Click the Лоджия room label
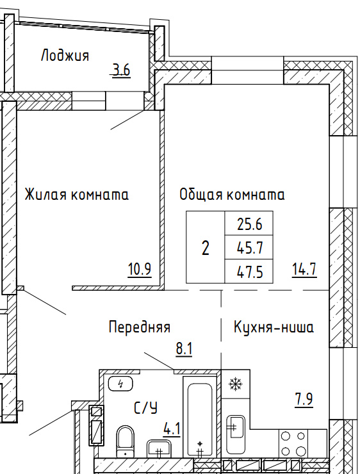click(x=65, y=56)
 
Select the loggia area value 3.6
click(x=121, y=70)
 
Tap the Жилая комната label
click(x=76, y=194)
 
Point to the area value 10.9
click(x=140, y=269)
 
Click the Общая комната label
click(x=232, y=194)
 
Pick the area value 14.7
click(x=304, y=269)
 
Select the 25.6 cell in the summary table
click(x=249, y=224)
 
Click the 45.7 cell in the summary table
click(x=249, y=248)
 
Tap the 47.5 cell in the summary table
click(x=249, y=272)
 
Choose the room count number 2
click(x=205, y=248)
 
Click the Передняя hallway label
click(x=140, y=327)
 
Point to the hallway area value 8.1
click(x=184, y=350)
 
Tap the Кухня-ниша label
click(x=274, y=327)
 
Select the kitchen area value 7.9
click(x=304, y=399)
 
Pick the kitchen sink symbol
click(x=236, y=427)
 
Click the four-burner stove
click(x=293, y=443)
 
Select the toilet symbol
click(x=125, y=441)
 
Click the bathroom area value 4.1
click(x=172, y=429)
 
